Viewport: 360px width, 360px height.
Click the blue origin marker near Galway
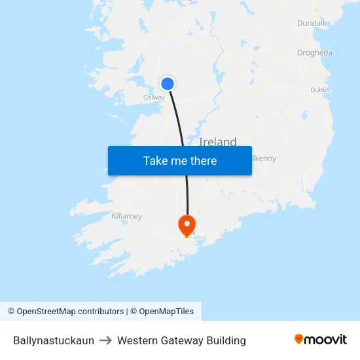click(168, 84)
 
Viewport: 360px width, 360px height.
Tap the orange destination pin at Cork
click(187, 225)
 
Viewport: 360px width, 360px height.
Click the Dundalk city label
click(312, 23)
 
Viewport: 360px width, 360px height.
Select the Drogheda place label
click(314, 53)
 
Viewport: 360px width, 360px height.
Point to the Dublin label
click(320, 90)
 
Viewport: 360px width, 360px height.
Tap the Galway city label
click(154, 98)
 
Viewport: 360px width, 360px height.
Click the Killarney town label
click(127, 216)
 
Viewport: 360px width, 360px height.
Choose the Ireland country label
click(218, 141)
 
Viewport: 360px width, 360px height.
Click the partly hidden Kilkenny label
click(264, 158)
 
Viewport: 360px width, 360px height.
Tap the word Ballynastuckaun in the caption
click(54, 340)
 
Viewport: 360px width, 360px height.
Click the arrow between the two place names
click(105, 340)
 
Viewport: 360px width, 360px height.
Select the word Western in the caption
click(137, 340)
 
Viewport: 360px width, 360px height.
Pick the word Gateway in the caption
click(181, 340)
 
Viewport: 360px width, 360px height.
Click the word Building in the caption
click(226, 340)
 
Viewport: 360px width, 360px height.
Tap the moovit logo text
click(326, 340)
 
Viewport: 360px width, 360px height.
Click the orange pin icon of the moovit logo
click(299, 339)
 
